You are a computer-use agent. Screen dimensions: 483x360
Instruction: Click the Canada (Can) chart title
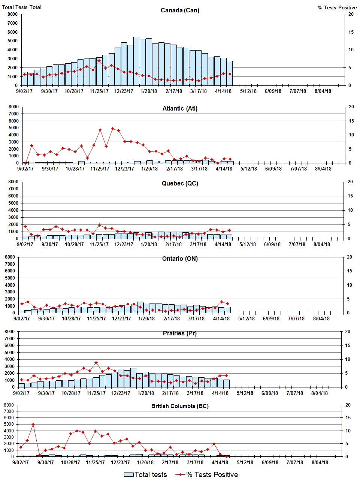click(x=180, y=10)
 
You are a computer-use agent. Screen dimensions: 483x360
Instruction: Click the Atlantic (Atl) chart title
click(x=180, y=108)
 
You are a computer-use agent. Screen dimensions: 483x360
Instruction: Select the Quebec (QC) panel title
click(x=180, y=183)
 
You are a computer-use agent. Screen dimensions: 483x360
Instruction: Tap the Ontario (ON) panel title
click(x=180, y=259)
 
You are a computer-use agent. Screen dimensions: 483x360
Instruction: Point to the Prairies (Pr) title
click(x=180, y=333)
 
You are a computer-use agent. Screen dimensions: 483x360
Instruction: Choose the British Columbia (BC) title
click(x=180, y=406)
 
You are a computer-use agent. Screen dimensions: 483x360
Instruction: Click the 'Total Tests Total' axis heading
click(x=22, y=7)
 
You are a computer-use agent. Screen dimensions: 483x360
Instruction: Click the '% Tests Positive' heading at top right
click(x=337, y=7)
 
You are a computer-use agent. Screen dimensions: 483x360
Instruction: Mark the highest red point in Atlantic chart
click(x=112, y=129)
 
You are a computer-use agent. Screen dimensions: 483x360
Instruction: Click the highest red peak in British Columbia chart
click(x=33, y=424)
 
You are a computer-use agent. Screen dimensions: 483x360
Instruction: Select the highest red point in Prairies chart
click(x=96, y=362)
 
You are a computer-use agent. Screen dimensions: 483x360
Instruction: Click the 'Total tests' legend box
click(x=129, y=474)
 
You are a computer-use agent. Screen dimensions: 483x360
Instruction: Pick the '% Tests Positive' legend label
click(x=212, y=474)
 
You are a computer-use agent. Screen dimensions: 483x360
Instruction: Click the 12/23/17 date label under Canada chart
click(x=124, y=91)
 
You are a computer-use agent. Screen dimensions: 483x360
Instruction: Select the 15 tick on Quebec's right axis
click(x=350, y=196)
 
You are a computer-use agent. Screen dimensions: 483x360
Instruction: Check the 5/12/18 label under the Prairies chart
click(x=245, y=393)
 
